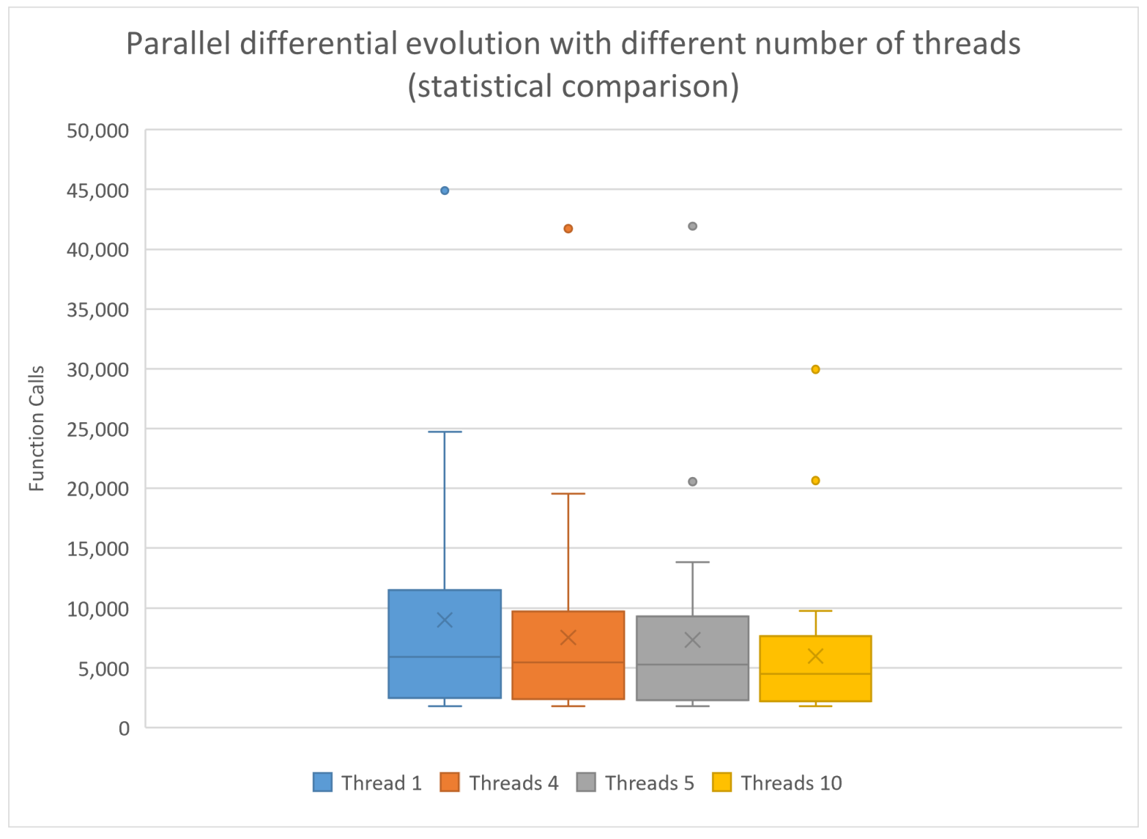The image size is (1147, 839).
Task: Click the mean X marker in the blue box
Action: tap(444, 620)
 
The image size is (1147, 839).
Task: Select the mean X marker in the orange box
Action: tap(568, 638)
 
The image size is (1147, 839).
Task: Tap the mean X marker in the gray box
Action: tap(692, 640)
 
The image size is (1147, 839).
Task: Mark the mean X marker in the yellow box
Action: tap(816, 656)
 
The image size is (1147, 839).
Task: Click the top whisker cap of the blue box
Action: tap(444, 432)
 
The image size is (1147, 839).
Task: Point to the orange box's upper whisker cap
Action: tap(568, 493)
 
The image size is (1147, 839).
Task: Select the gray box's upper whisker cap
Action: tap(692, 562)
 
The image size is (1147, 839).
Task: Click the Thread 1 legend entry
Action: tap(368, 783)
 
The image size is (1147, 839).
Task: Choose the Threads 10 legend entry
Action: tap(777, 783)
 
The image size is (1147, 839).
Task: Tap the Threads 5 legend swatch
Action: tap(586, 782)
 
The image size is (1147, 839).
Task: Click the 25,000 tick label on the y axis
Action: tap(98, 430)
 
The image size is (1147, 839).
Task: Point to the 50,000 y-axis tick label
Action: tap(98, 131)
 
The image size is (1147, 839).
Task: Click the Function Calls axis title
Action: tap(36, 428)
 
